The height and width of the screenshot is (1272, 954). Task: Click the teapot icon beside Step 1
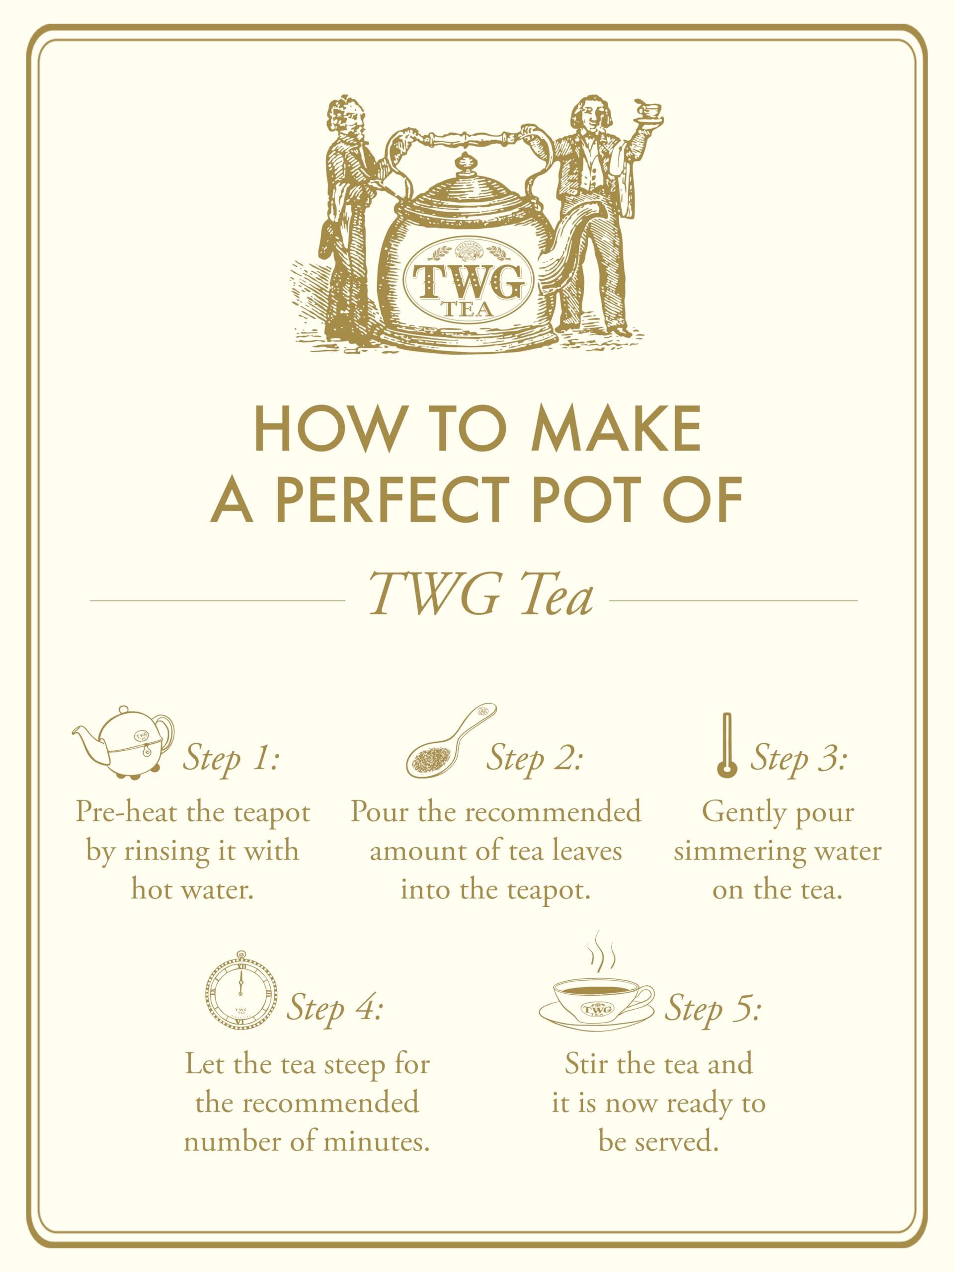(123, 742)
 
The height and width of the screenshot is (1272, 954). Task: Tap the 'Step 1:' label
(231, 759)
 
